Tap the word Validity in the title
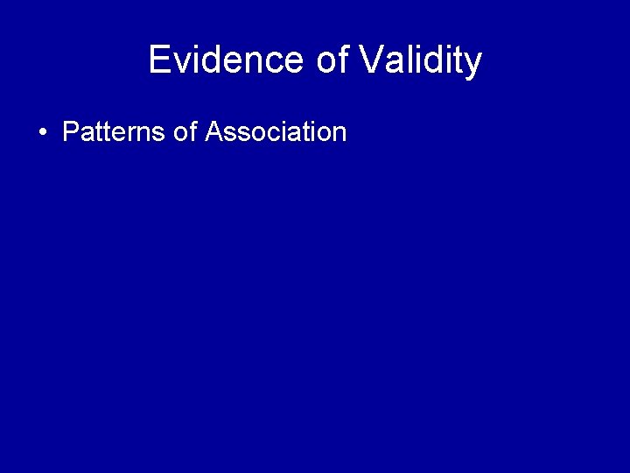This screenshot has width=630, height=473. point(420,60)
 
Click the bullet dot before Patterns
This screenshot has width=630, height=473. point(42,133)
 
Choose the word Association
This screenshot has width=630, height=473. point(276,132)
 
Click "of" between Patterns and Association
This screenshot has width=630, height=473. point(185,132)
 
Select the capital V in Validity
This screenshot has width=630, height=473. point(371,60)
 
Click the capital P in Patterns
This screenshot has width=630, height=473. point(71,132)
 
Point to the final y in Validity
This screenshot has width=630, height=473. point(473,64)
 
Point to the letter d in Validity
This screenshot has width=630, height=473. point(429,60)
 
